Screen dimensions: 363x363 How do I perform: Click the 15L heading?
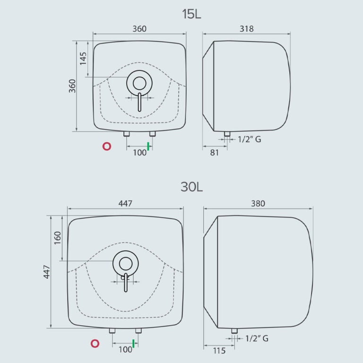click(x=191, y=14)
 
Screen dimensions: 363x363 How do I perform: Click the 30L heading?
click(x=191, y=187)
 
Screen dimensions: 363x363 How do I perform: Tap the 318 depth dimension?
click(x=247, y=29)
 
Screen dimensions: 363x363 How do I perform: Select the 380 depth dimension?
click(x=258, y=204)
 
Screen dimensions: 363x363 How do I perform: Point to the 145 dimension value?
click(x=83, y=59)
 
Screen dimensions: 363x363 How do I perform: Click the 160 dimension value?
click(x=57, y=238)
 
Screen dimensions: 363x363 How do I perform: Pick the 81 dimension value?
click(x=215, y=153)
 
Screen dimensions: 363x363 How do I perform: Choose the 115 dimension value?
click(x=219, y=351)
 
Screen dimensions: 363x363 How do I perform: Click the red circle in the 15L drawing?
click(x=107, y=147)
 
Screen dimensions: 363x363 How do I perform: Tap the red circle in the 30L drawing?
click(x=95, y=344)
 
